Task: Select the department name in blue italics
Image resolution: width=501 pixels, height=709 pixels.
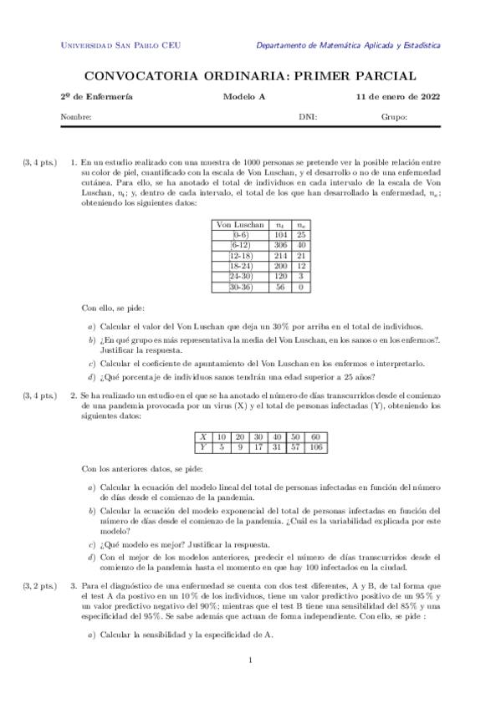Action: (348, 46)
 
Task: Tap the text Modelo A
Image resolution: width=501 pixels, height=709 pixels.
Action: (243, 97)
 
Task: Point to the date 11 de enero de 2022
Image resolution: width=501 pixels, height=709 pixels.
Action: (398, 97)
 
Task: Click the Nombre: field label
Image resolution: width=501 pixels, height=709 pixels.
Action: (76, 117)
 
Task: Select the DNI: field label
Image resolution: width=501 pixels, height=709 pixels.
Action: (308, 117)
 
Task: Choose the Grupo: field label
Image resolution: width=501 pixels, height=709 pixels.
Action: (394, 117)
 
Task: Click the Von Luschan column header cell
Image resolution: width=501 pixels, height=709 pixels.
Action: (241, 225)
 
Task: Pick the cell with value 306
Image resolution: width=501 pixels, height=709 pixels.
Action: (280, 246)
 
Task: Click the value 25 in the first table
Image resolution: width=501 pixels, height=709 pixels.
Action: (300, 236)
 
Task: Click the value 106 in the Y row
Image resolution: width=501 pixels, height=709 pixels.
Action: (315, 447)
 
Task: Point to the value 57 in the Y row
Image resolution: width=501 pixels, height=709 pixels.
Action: (295, 447)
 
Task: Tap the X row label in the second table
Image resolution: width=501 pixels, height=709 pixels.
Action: (203, 437)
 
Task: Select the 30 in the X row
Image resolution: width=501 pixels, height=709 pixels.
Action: (258, 437)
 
